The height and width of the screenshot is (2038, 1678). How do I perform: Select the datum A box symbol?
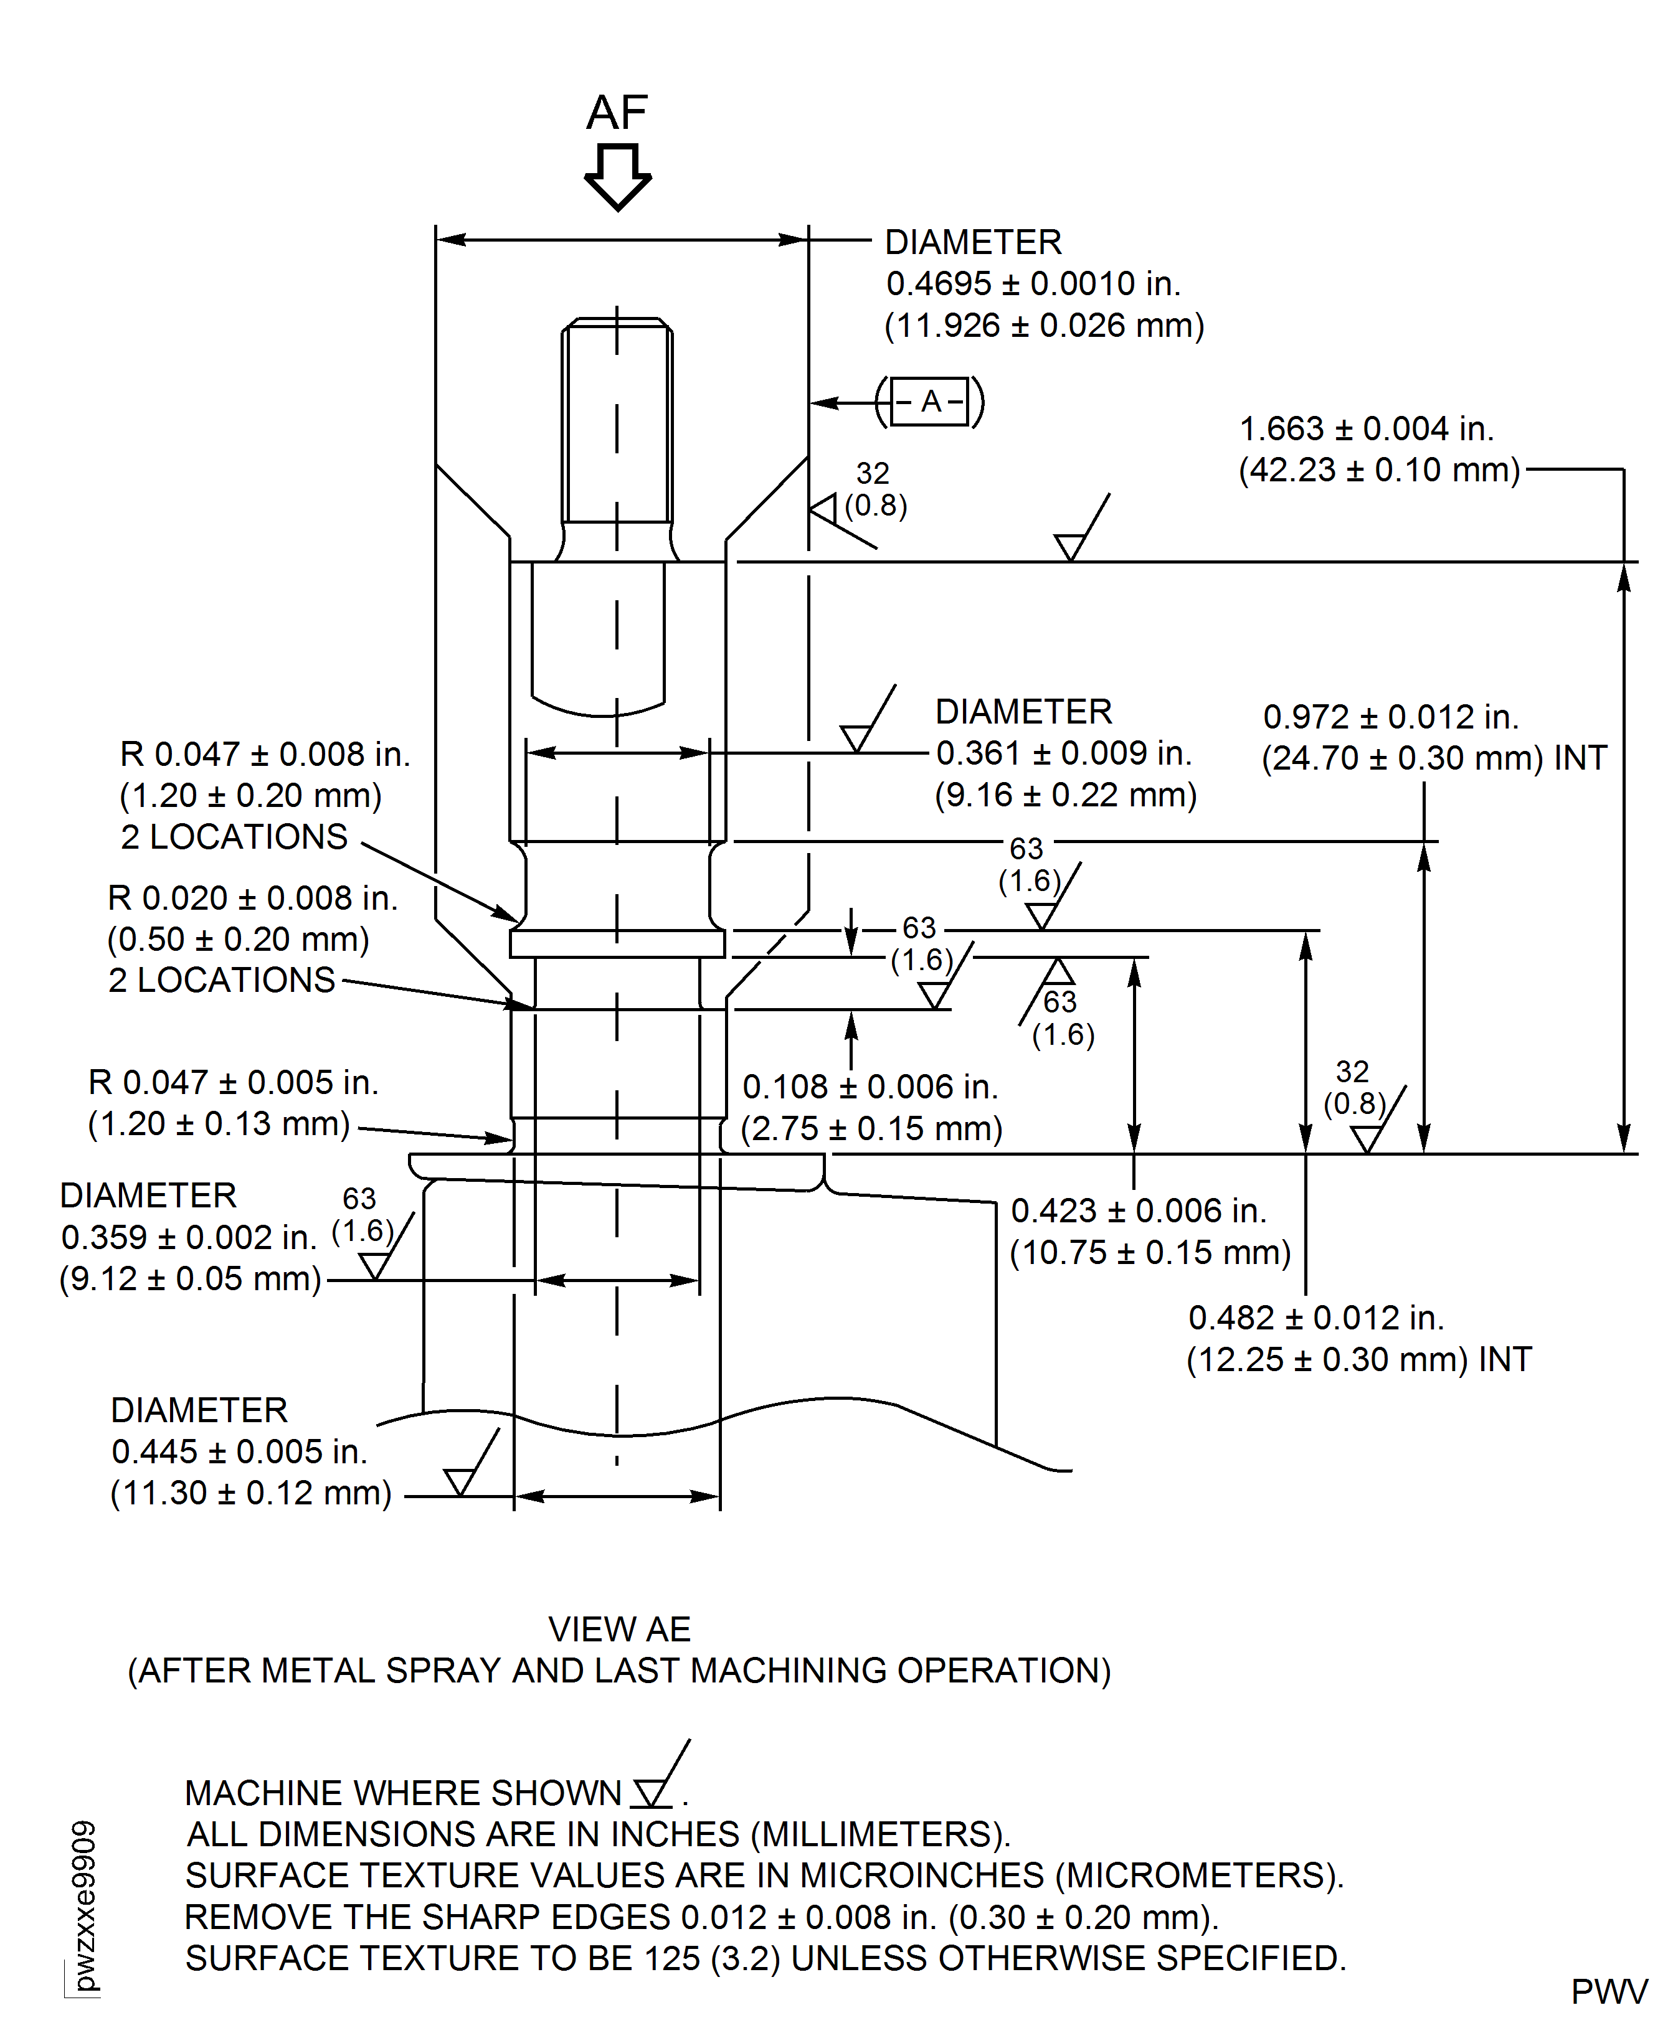click(x=930, y=401)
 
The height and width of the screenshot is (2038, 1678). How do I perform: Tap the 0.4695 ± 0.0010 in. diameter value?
click(x=1033, y=283)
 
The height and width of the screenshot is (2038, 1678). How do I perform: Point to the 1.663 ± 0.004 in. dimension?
click(x=1366, y=428)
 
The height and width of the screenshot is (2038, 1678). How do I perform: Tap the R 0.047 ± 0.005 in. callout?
click(x=233, y=1082)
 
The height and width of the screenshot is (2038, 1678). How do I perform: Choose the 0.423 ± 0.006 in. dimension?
click(x=1139, y=1210)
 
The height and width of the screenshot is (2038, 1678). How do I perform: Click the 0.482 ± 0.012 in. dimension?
click(x=1315, y=1317)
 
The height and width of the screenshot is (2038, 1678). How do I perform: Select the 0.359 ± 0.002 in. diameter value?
click(x=189, y=1237)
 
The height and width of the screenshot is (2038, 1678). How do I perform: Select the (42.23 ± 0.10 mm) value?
click(x=1379, y=469)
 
